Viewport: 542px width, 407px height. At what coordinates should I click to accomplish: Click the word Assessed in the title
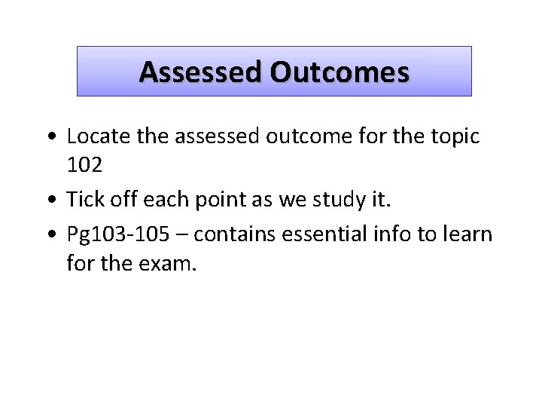click(201, 72)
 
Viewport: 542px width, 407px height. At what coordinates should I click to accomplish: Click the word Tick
click(82, 200)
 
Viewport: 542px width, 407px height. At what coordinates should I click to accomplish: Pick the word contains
click(234, 235)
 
